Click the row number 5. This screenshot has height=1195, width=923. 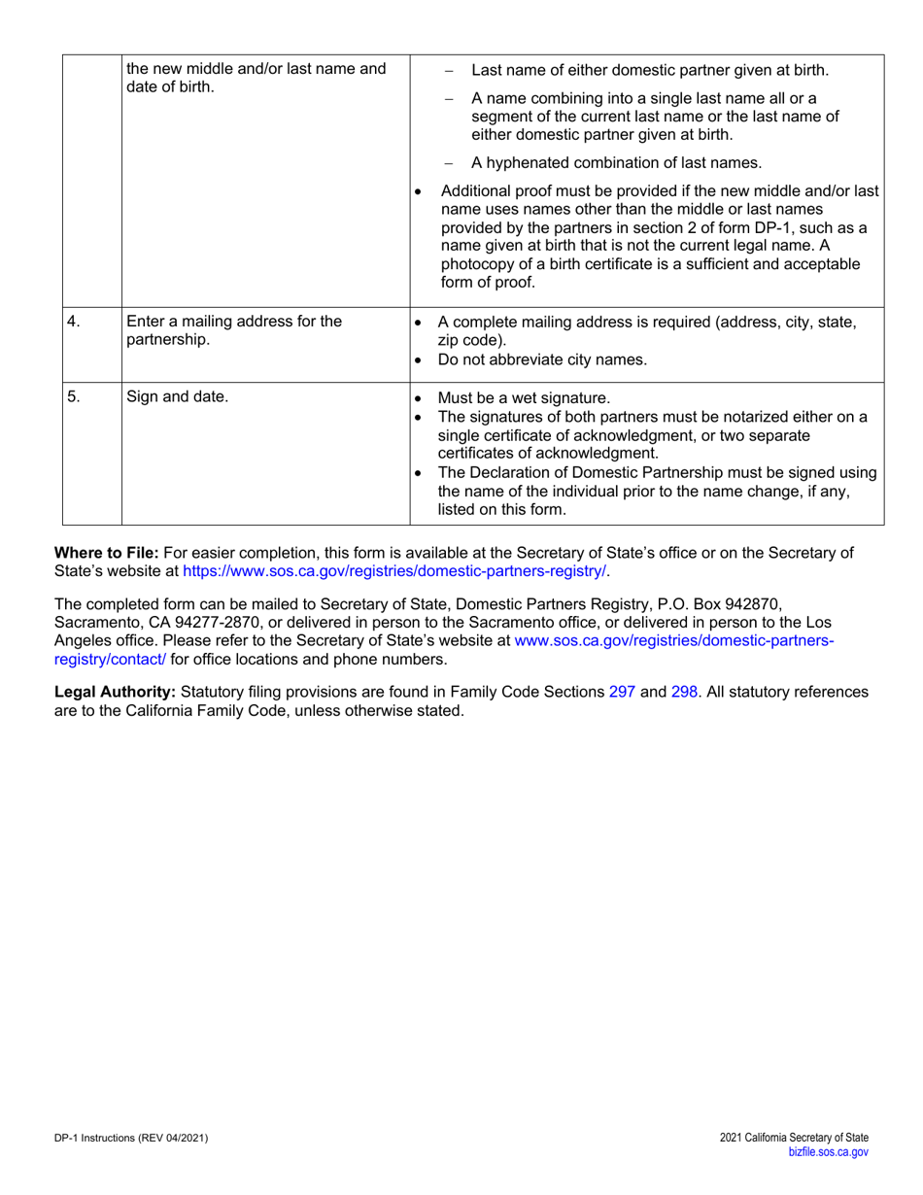(x=74, y=396)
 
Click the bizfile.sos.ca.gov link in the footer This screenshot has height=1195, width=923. (x=829, y=1150)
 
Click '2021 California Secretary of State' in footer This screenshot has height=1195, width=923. (x=795, y=1137)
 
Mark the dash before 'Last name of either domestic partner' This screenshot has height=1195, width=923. (x=448, y=71)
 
